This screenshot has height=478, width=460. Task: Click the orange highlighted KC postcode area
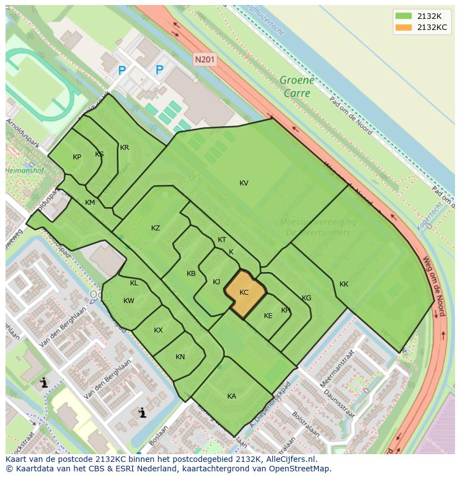tap(244, 294)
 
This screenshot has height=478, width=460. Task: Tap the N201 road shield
tap(205, 58)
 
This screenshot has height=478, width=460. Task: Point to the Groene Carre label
tap(297, 87)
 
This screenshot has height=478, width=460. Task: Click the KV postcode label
tap(244, 183)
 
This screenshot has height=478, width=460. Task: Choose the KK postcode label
tap(344, 284)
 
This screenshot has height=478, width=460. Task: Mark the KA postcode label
tap(232, 396)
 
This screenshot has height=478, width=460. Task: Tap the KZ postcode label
tap(156, 228)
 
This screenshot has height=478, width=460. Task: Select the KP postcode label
tap(77, 157)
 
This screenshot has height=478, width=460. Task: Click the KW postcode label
tap(129, 301)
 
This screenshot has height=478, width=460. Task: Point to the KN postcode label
tap(180, 357)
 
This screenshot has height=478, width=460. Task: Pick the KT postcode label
tap(222, 240)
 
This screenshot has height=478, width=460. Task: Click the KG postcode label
tap(306, 298)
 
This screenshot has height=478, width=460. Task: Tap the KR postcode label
tap(124, 148)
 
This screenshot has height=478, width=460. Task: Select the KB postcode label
tap(191, 274)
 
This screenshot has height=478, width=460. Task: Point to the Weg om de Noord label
tap(434, 285)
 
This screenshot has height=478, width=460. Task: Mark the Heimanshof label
tap(24, 171)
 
